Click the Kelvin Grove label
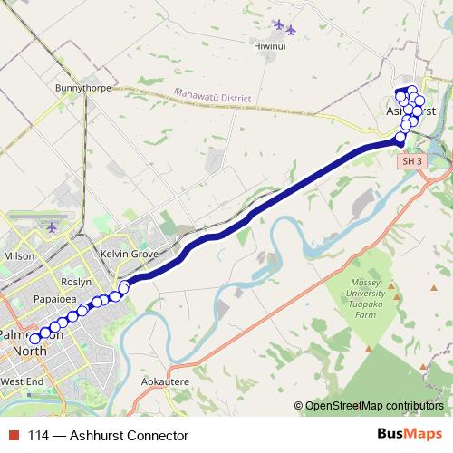129,255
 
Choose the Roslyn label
77,282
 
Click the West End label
22,382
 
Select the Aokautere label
166,382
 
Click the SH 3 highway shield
412,160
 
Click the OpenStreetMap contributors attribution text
373,405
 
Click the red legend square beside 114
14,435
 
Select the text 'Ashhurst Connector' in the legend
132,435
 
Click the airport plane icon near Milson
51,226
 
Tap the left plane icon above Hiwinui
278,24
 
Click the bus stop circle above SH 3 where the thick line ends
400,138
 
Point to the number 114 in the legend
39,435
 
